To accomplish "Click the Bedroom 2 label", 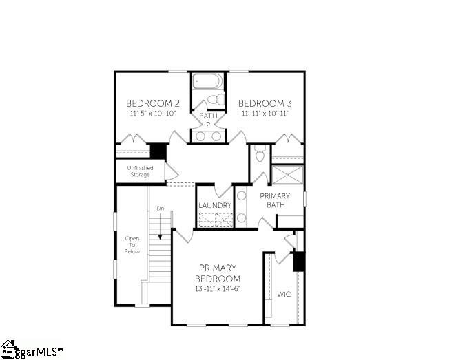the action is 153,103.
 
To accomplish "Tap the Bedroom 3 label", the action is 265,103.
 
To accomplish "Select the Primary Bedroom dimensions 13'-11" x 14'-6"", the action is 218,288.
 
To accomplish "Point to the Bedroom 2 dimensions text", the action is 154,114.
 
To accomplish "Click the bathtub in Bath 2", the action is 208,81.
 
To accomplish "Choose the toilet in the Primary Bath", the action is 260,153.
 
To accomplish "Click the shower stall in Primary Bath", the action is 287,175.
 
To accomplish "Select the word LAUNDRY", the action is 215,205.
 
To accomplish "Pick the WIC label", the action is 284,294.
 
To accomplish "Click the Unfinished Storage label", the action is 140,171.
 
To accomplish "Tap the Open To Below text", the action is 132,245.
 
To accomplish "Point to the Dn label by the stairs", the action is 161,209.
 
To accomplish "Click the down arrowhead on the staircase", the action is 160,237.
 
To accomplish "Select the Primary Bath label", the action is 275,200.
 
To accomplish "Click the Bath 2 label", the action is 208,120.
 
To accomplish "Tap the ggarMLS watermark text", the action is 39,352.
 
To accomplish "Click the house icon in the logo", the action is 8,348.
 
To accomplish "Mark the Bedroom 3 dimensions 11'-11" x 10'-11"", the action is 265,114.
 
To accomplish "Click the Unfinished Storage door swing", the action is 171,172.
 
